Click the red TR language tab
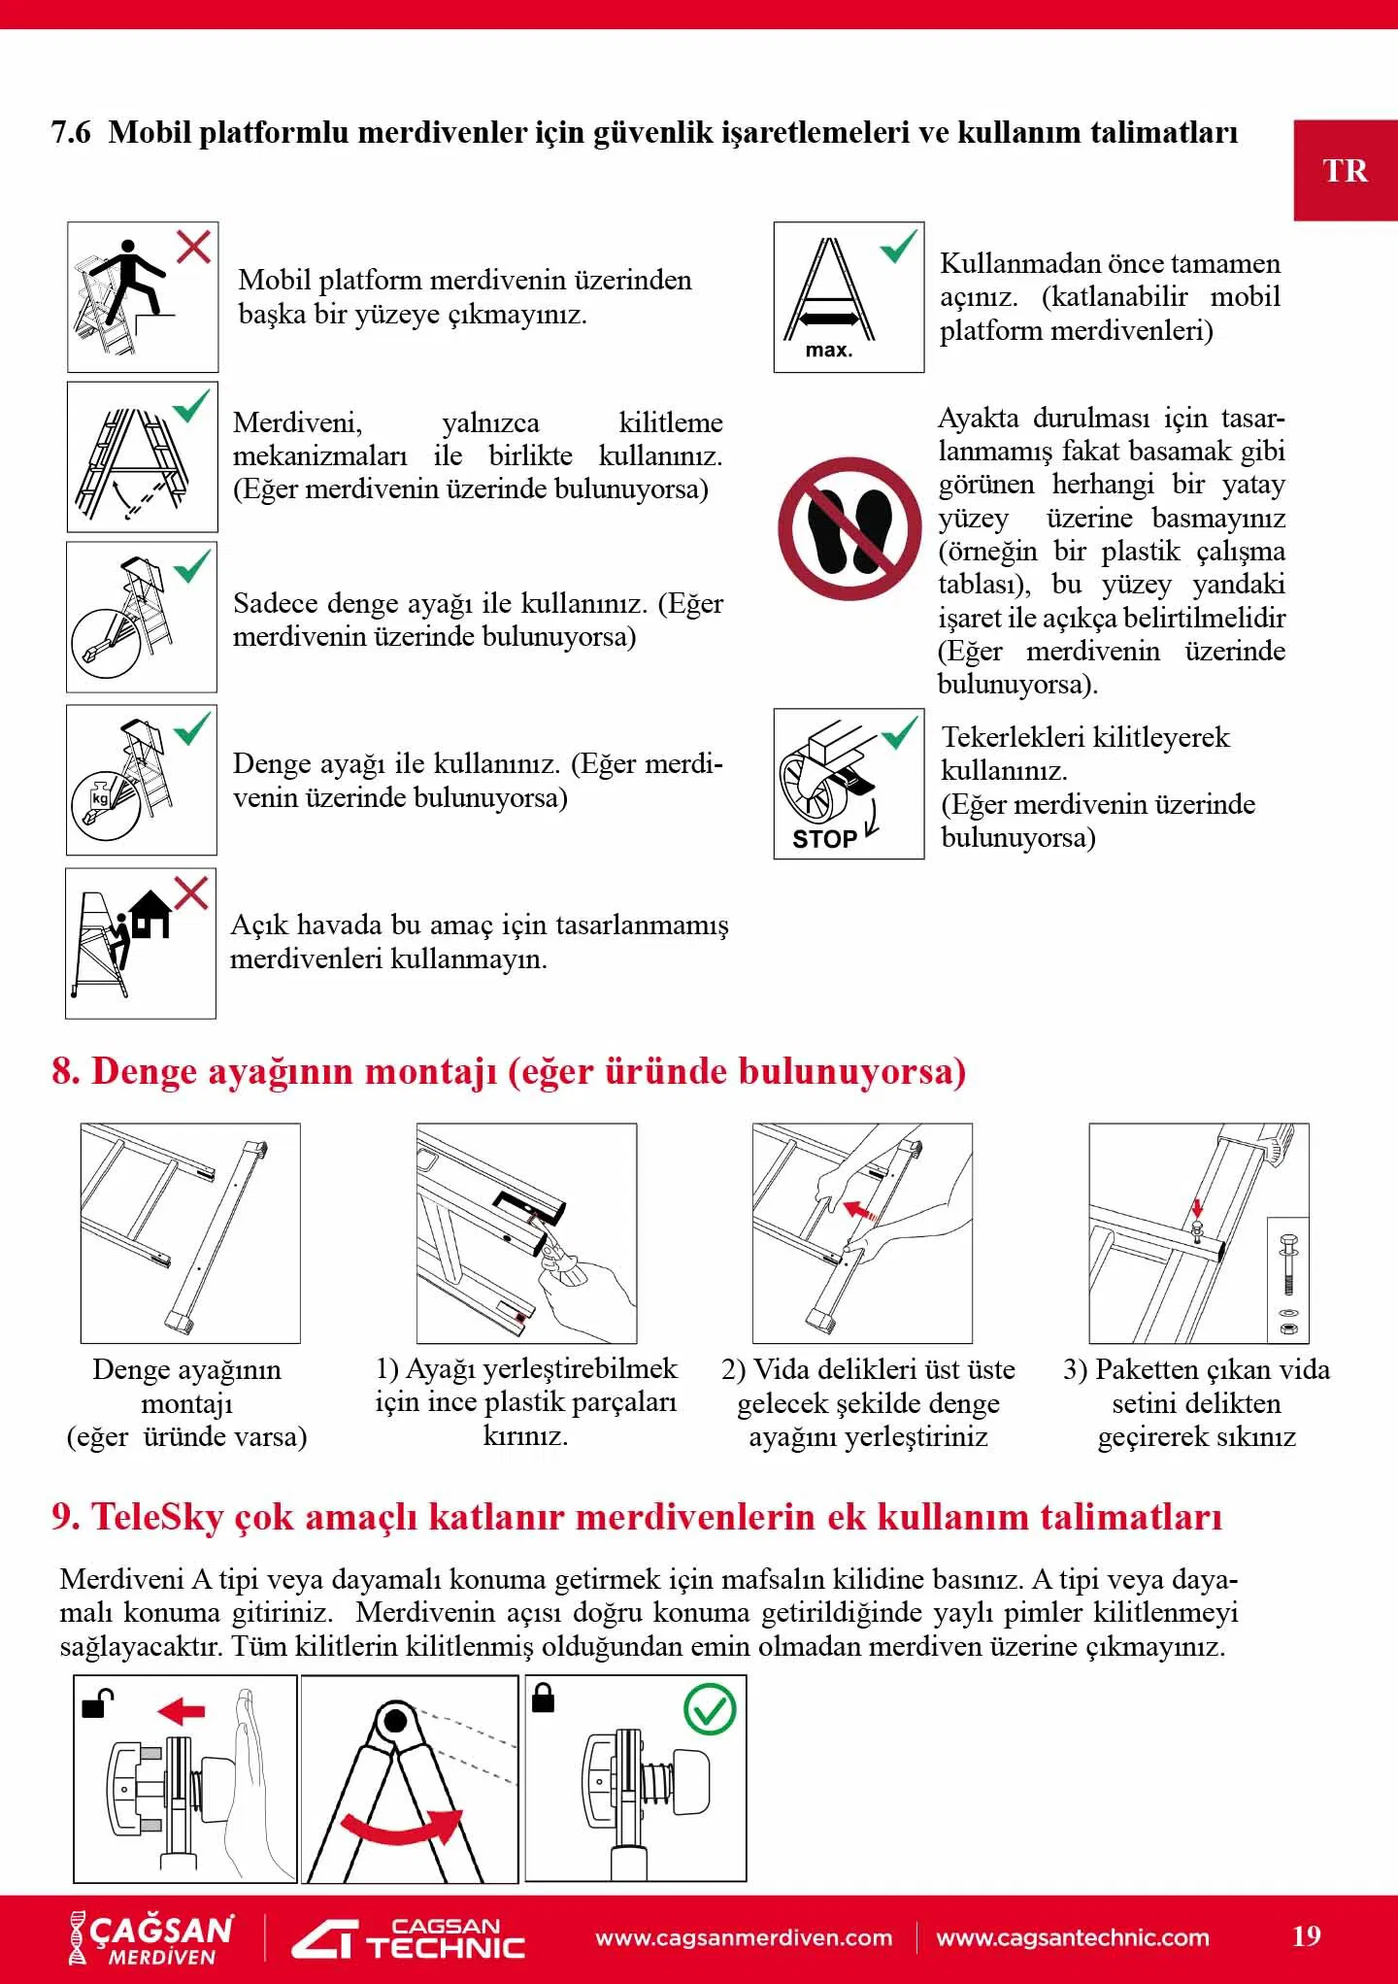point(1345,171)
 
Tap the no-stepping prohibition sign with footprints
point(849,529)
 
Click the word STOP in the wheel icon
point(824,839)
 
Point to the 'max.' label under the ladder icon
point(829,351)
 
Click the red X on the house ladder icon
point(190,892)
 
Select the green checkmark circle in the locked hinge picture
point(710,1710)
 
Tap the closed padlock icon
point(544,1698)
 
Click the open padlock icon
point(95,1703)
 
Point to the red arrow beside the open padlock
point(182,1710)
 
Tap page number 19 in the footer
point(1307,1936)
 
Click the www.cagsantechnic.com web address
point(1073,1937)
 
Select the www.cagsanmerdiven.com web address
point(744,1937)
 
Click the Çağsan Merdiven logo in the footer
point(151,1938)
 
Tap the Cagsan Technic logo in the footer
point(409,1938)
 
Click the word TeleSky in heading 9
point(157,1516)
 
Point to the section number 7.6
point(71,132)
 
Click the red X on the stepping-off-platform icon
point(194,247)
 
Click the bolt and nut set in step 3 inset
point(1288,1280)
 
